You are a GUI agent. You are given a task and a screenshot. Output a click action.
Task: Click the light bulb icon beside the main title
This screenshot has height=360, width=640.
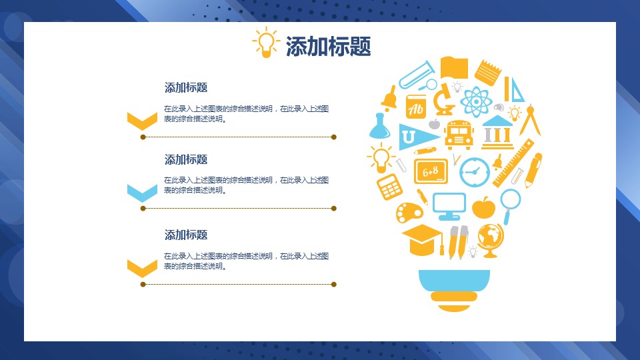tap(266, 43)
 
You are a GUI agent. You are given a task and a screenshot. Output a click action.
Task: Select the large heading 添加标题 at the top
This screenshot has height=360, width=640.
tap(328, 46)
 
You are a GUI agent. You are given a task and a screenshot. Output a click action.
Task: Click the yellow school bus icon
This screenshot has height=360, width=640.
tap(459, 134)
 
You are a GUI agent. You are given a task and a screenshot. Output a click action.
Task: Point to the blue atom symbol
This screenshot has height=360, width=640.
tap(476, 101)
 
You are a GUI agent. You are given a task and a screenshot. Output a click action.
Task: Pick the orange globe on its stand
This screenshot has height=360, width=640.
tap(491, 241)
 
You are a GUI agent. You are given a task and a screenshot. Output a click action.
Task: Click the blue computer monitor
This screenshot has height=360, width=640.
tap(449, 206)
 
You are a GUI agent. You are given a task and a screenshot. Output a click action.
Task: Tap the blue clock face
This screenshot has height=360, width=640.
tap(474, 172)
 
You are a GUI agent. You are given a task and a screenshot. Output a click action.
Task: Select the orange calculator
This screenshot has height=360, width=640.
tap(389, 187)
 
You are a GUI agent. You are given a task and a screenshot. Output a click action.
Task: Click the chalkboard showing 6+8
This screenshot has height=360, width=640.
tap(431, 171)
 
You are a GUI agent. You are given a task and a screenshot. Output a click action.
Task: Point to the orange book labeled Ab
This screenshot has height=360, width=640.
tap(416, 107)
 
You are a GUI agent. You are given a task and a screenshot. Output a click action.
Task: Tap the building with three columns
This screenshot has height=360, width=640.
tap(497, 132)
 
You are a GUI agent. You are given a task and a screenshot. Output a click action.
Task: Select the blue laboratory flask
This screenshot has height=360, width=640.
tap(379, 126)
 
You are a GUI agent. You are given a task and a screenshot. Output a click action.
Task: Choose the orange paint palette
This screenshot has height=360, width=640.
tap(409, 212)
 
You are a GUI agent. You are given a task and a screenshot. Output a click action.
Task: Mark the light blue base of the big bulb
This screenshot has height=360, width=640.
tap(454, 281)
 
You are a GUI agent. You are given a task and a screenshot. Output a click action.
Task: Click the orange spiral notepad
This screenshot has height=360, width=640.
tap(488, 73)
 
